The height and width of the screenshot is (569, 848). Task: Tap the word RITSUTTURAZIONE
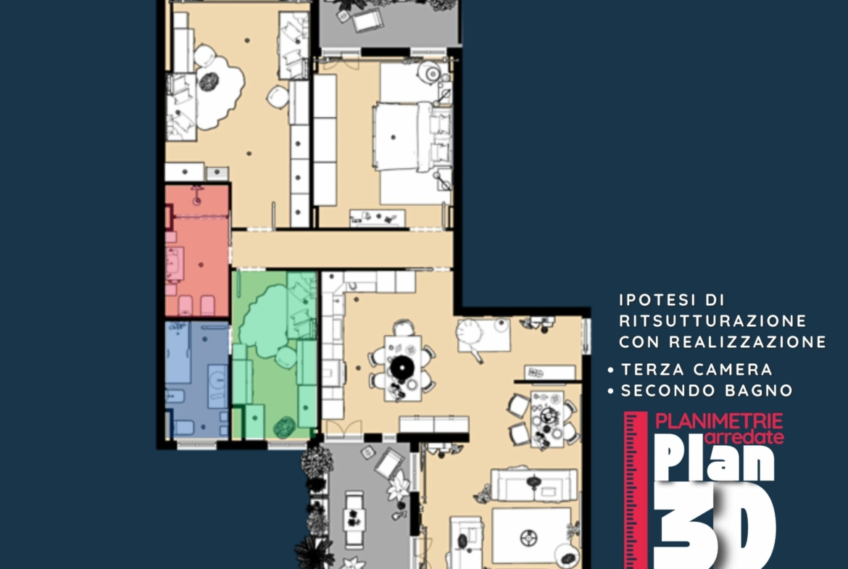click(x=712, y=320)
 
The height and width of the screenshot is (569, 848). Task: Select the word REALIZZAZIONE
click(x=747, y=342)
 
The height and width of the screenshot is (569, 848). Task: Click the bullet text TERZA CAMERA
click(x=697, y=370)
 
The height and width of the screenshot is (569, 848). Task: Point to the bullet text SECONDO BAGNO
click(x=707, y=391)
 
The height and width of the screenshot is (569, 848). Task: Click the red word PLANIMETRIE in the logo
click(x=719, y=421)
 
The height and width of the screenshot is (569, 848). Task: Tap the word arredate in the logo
click(x=744, y=436)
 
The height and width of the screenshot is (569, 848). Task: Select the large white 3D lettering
click(x=715, y=525)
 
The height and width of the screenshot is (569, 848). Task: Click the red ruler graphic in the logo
click(x=636, y=490)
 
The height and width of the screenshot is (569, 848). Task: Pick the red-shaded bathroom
click(x=197, y=251)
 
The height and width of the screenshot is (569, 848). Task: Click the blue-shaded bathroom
click(x=197, y=380)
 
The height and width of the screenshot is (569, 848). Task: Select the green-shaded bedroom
click(x=274, y=355)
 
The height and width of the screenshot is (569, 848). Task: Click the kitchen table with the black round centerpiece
click(x=402, y=368)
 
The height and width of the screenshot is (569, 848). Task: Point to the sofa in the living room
click(x=533, y=485)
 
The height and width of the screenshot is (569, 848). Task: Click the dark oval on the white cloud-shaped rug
click(x=208, y=82)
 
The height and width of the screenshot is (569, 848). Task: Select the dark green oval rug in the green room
click(x=284, y=428)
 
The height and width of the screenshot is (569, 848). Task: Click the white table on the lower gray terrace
click(x=354, y=518)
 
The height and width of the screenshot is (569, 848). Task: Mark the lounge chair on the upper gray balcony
click(x=367, y=21)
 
